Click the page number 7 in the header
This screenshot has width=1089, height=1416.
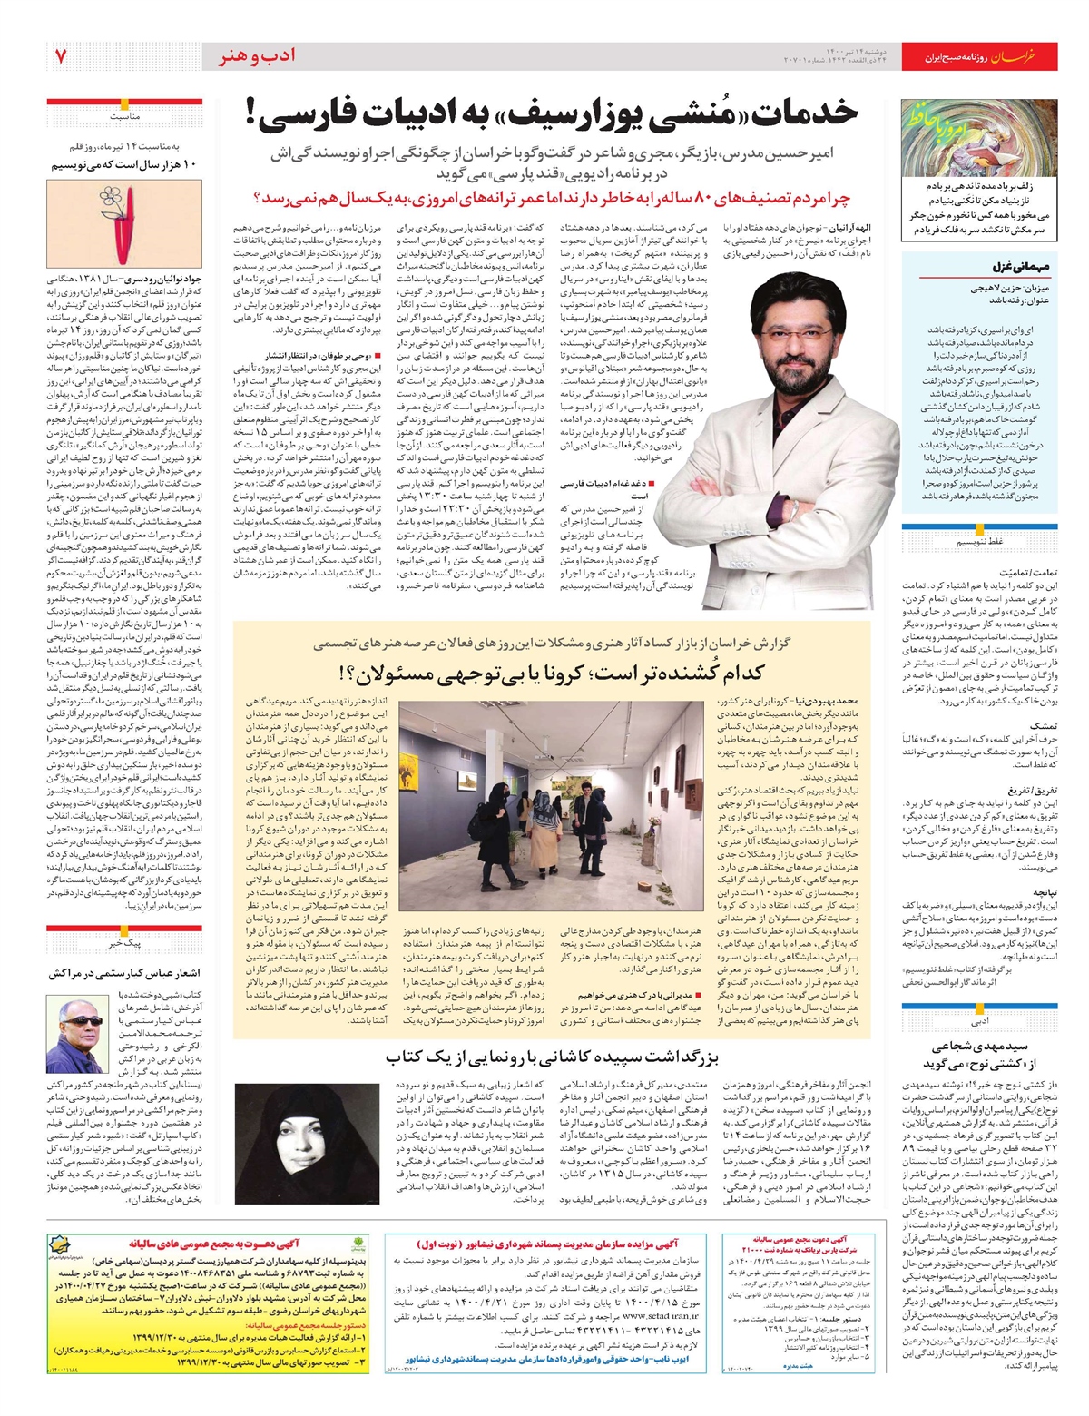pyautogui.click(x=61, y=56)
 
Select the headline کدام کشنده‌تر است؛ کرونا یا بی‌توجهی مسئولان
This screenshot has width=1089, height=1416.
pyautogui.click(x=552, y=674)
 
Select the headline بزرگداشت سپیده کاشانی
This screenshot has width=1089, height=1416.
pyautogui.click(x=553, y=1057)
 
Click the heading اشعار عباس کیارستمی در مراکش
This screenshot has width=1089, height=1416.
pyautogui.click(x=124, y=973)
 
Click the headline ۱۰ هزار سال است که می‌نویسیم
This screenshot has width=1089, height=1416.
pyautogui.click(x=124, y=165)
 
